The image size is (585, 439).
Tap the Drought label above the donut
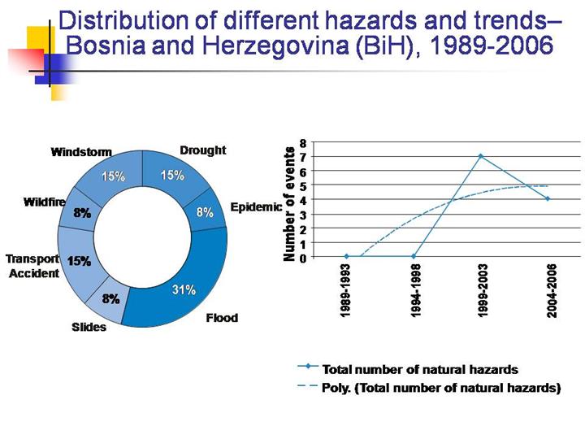point(202,150)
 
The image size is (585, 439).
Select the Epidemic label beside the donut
point(256,207)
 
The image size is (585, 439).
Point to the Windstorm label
point(80,152)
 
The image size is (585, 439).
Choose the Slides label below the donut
point(89,328)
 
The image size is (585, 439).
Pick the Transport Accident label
point(33,266)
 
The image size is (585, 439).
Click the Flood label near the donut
point(221,317)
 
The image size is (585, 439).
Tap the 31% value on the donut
point(183,291)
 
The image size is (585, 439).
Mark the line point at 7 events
point(481,156)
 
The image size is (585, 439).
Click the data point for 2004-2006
point(548,198)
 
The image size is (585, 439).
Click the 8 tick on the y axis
point(302,141)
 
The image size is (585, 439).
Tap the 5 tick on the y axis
point(302,185)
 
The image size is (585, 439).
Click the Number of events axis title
point(288,204)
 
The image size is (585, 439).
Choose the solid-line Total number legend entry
point(419,369)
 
